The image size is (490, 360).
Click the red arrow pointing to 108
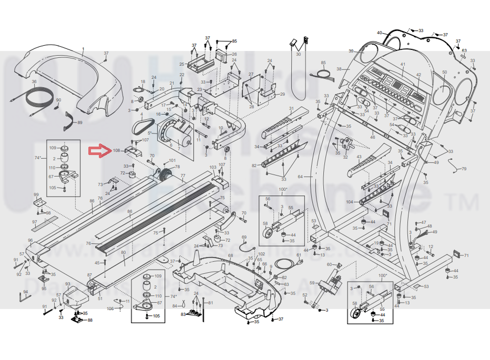tap(99, 151)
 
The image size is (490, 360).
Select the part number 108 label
tap(116, 151)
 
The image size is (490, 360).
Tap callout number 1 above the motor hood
tap(83, 49)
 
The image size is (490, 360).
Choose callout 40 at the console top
tap(379, 33)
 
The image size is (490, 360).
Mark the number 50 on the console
tap(444, 73)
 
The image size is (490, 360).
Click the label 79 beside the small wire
tap(464, 169)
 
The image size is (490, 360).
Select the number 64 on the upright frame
tap(301, 176)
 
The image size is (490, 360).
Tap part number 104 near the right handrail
tap(349, 202)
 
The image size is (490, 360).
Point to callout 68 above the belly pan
tap(230, 256)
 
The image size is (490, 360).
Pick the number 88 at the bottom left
tap(90, 320)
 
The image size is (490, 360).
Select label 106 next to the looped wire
tap(111, 308)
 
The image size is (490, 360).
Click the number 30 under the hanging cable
tap(298, 54)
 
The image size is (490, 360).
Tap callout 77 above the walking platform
tap(183, 176)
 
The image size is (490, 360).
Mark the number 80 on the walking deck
tap(123, 253)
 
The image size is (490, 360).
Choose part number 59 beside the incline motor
tap(312, 283)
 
